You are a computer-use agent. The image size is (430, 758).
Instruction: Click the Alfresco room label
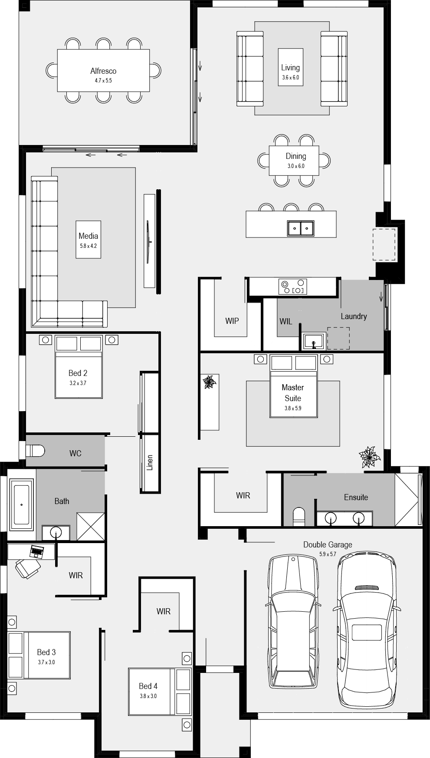(103, 71)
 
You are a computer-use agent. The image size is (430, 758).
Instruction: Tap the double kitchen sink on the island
(300, 228)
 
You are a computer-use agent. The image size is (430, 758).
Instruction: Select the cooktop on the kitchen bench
(293, 287)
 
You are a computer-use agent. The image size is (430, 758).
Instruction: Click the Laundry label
(354, 316)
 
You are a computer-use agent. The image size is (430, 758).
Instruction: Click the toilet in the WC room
(35, 451)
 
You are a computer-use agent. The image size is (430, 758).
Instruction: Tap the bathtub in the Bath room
(21, 504)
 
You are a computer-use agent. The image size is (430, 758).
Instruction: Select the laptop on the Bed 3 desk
(37, 552)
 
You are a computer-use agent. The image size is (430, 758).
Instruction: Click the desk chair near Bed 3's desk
(28, 568)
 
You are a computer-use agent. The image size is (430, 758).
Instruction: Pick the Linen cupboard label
(150, 463)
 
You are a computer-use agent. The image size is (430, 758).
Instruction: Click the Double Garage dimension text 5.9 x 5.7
(328, 554)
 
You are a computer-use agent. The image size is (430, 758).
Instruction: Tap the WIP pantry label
(232, 321)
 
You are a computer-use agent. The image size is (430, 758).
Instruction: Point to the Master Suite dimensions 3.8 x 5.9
(293, 409)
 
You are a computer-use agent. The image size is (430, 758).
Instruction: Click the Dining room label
(296, 156)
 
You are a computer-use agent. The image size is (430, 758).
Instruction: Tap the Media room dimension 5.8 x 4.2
(88, 246)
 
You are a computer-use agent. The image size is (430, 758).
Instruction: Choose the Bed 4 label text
(148, 686)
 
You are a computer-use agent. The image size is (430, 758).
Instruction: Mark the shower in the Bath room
(91, 527)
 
